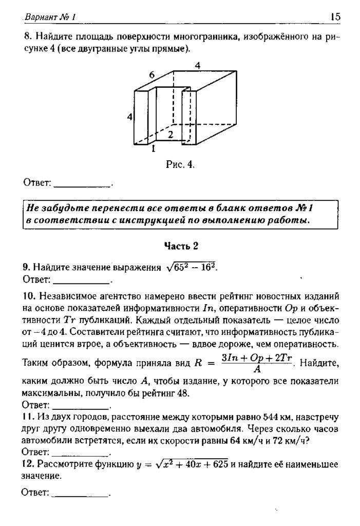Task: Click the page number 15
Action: tap(335, 17)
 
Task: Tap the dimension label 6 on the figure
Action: tap(152, 75)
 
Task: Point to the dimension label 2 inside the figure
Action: tap(170, 135)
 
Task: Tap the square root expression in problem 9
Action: tap(190, 267)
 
